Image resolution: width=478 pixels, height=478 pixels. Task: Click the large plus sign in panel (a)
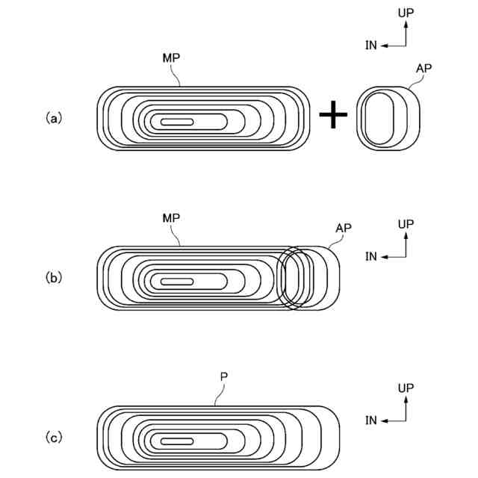pos(333,117)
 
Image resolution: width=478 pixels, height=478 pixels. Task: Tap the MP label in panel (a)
pos(171,58)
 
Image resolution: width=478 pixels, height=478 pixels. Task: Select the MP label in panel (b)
pos(172,217)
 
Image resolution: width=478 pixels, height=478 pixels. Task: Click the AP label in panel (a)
pos(423,68)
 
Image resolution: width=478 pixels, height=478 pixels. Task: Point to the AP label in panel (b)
pos(344,227)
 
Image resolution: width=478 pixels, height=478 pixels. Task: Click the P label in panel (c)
pos(223,378)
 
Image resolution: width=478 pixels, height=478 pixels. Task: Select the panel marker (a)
pos(53,117)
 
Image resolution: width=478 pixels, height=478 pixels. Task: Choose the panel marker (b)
pos(53,277)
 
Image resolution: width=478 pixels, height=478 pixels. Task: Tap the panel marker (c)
pos(53,438)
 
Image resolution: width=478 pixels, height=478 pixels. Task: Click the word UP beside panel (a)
pos(406,13)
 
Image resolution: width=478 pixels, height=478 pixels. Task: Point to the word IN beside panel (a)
pos(371,46)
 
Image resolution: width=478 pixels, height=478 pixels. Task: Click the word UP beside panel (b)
pos(406,224)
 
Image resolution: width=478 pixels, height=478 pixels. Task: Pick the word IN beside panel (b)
pos(371,257)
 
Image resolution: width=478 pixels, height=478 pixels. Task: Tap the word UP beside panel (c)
pos(406,388)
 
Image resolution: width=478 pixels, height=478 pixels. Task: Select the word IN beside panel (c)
pos(371,420)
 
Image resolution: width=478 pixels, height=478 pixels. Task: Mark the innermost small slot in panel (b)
pos(177,282)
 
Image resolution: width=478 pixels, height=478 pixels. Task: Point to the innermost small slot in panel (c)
pos(177,441)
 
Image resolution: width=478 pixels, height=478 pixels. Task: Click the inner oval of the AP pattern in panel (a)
pos(380,117)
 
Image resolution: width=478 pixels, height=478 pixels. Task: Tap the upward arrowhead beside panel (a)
pos(406,23)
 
